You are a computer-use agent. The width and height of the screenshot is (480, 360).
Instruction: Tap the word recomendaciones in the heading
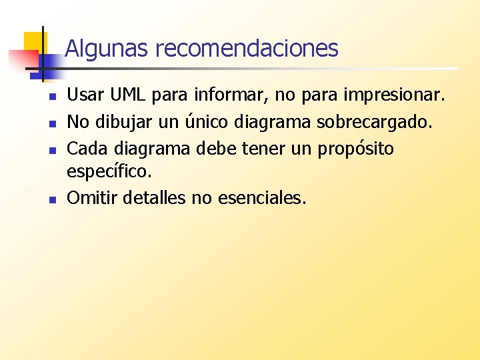click(247, 48)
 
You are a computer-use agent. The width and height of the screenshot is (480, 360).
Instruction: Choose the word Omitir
click(91, 198)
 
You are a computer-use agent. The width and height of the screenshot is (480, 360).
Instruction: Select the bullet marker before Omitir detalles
click(51, 199)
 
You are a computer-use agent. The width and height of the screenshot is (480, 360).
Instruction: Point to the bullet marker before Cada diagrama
click(51, 149)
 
